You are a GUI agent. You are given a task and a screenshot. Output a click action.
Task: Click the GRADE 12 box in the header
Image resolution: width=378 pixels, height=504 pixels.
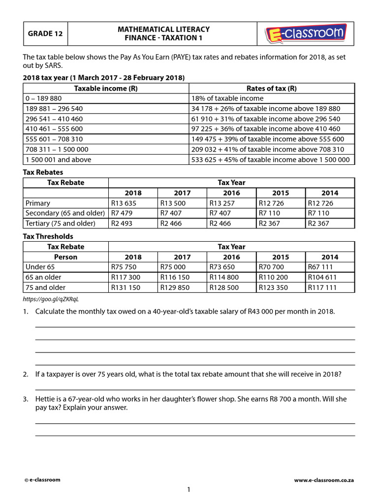[x=45, y=34]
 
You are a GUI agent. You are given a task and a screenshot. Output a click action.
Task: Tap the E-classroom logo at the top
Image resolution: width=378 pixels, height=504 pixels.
[x=306, y=34]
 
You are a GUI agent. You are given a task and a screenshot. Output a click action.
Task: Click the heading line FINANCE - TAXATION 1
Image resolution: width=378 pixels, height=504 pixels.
[x=163, y=38]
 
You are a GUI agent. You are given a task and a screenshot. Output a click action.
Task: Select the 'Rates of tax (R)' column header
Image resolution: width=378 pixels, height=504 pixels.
[x=271, y=88]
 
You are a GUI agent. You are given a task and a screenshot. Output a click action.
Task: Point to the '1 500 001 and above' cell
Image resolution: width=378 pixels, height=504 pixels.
[x=58, y=159]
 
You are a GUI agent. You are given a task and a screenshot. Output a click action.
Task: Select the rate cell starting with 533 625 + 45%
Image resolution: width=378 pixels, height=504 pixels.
[x=270, y=159]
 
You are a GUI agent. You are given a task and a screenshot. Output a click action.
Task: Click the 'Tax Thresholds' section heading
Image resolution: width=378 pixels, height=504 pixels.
[x=48, y=236]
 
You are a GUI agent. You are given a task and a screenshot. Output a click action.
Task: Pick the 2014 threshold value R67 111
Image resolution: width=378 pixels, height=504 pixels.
[x=320, y=267]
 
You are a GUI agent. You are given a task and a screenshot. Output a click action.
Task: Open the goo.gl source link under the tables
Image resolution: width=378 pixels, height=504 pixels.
[x=51, y=299]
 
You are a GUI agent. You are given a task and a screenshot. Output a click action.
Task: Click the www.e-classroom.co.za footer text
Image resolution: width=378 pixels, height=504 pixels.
[x=324, y=480]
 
